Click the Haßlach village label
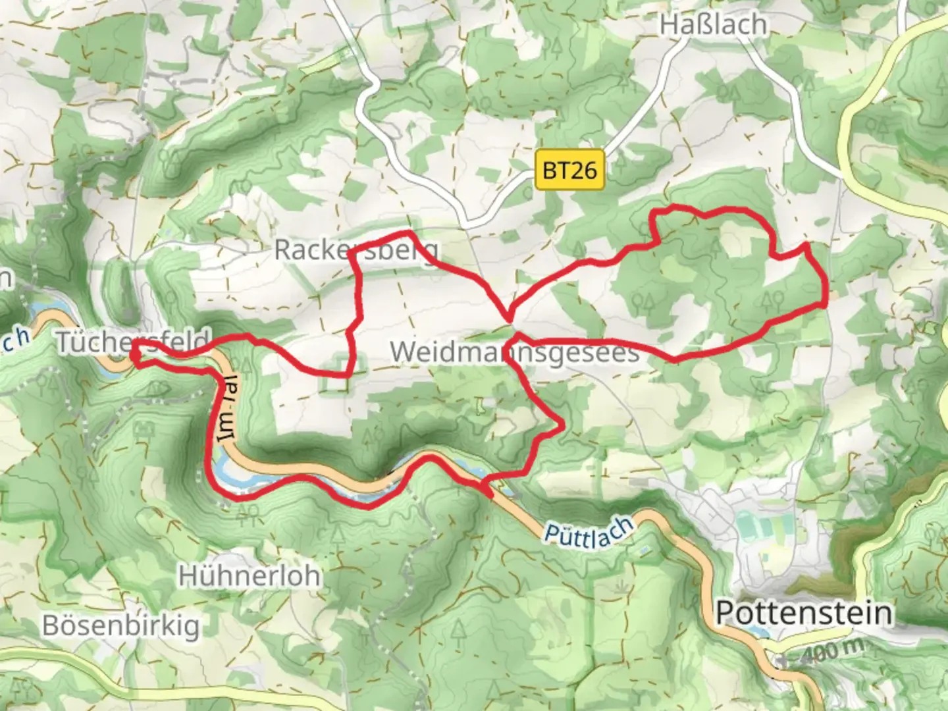point(713,24)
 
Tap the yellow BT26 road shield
point(569,171)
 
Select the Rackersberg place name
point(355,250)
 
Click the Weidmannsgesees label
point(514,352)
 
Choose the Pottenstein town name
point(804,613)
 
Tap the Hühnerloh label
point(250,576)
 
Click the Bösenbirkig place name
point(121,625)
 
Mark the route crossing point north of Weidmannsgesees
point(510,319)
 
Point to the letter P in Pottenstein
point(725,613)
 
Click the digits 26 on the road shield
point(583,171)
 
